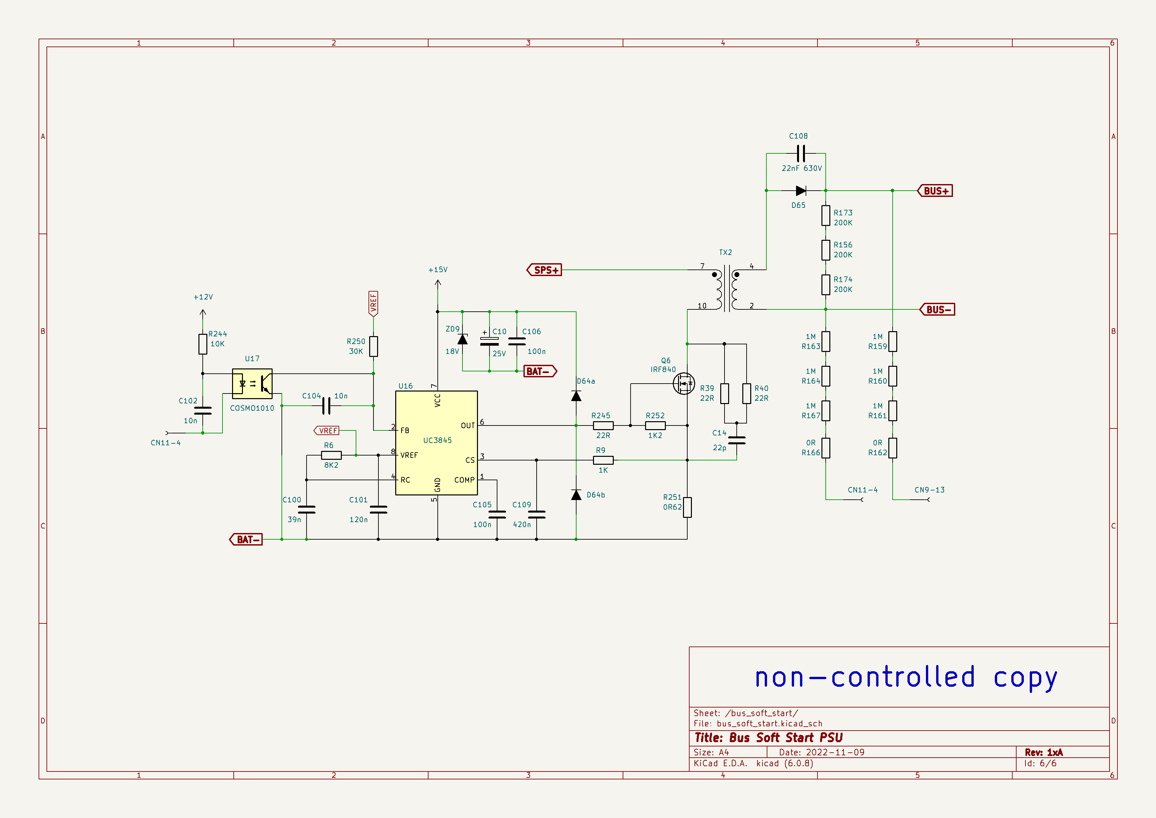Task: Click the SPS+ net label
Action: click(545, 270)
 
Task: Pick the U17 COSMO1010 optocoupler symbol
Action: click(252, 383)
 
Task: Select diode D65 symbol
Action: click(801, 191)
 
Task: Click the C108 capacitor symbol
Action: click(801, 153)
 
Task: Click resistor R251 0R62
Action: click(687, 507)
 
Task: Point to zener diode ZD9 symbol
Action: click(462, 339)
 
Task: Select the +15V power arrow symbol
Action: click(437, 284)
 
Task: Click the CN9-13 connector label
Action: click(930, 489)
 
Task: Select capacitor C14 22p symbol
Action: click(737, 440)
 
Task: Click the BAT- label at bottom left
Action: click(246, 540)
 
